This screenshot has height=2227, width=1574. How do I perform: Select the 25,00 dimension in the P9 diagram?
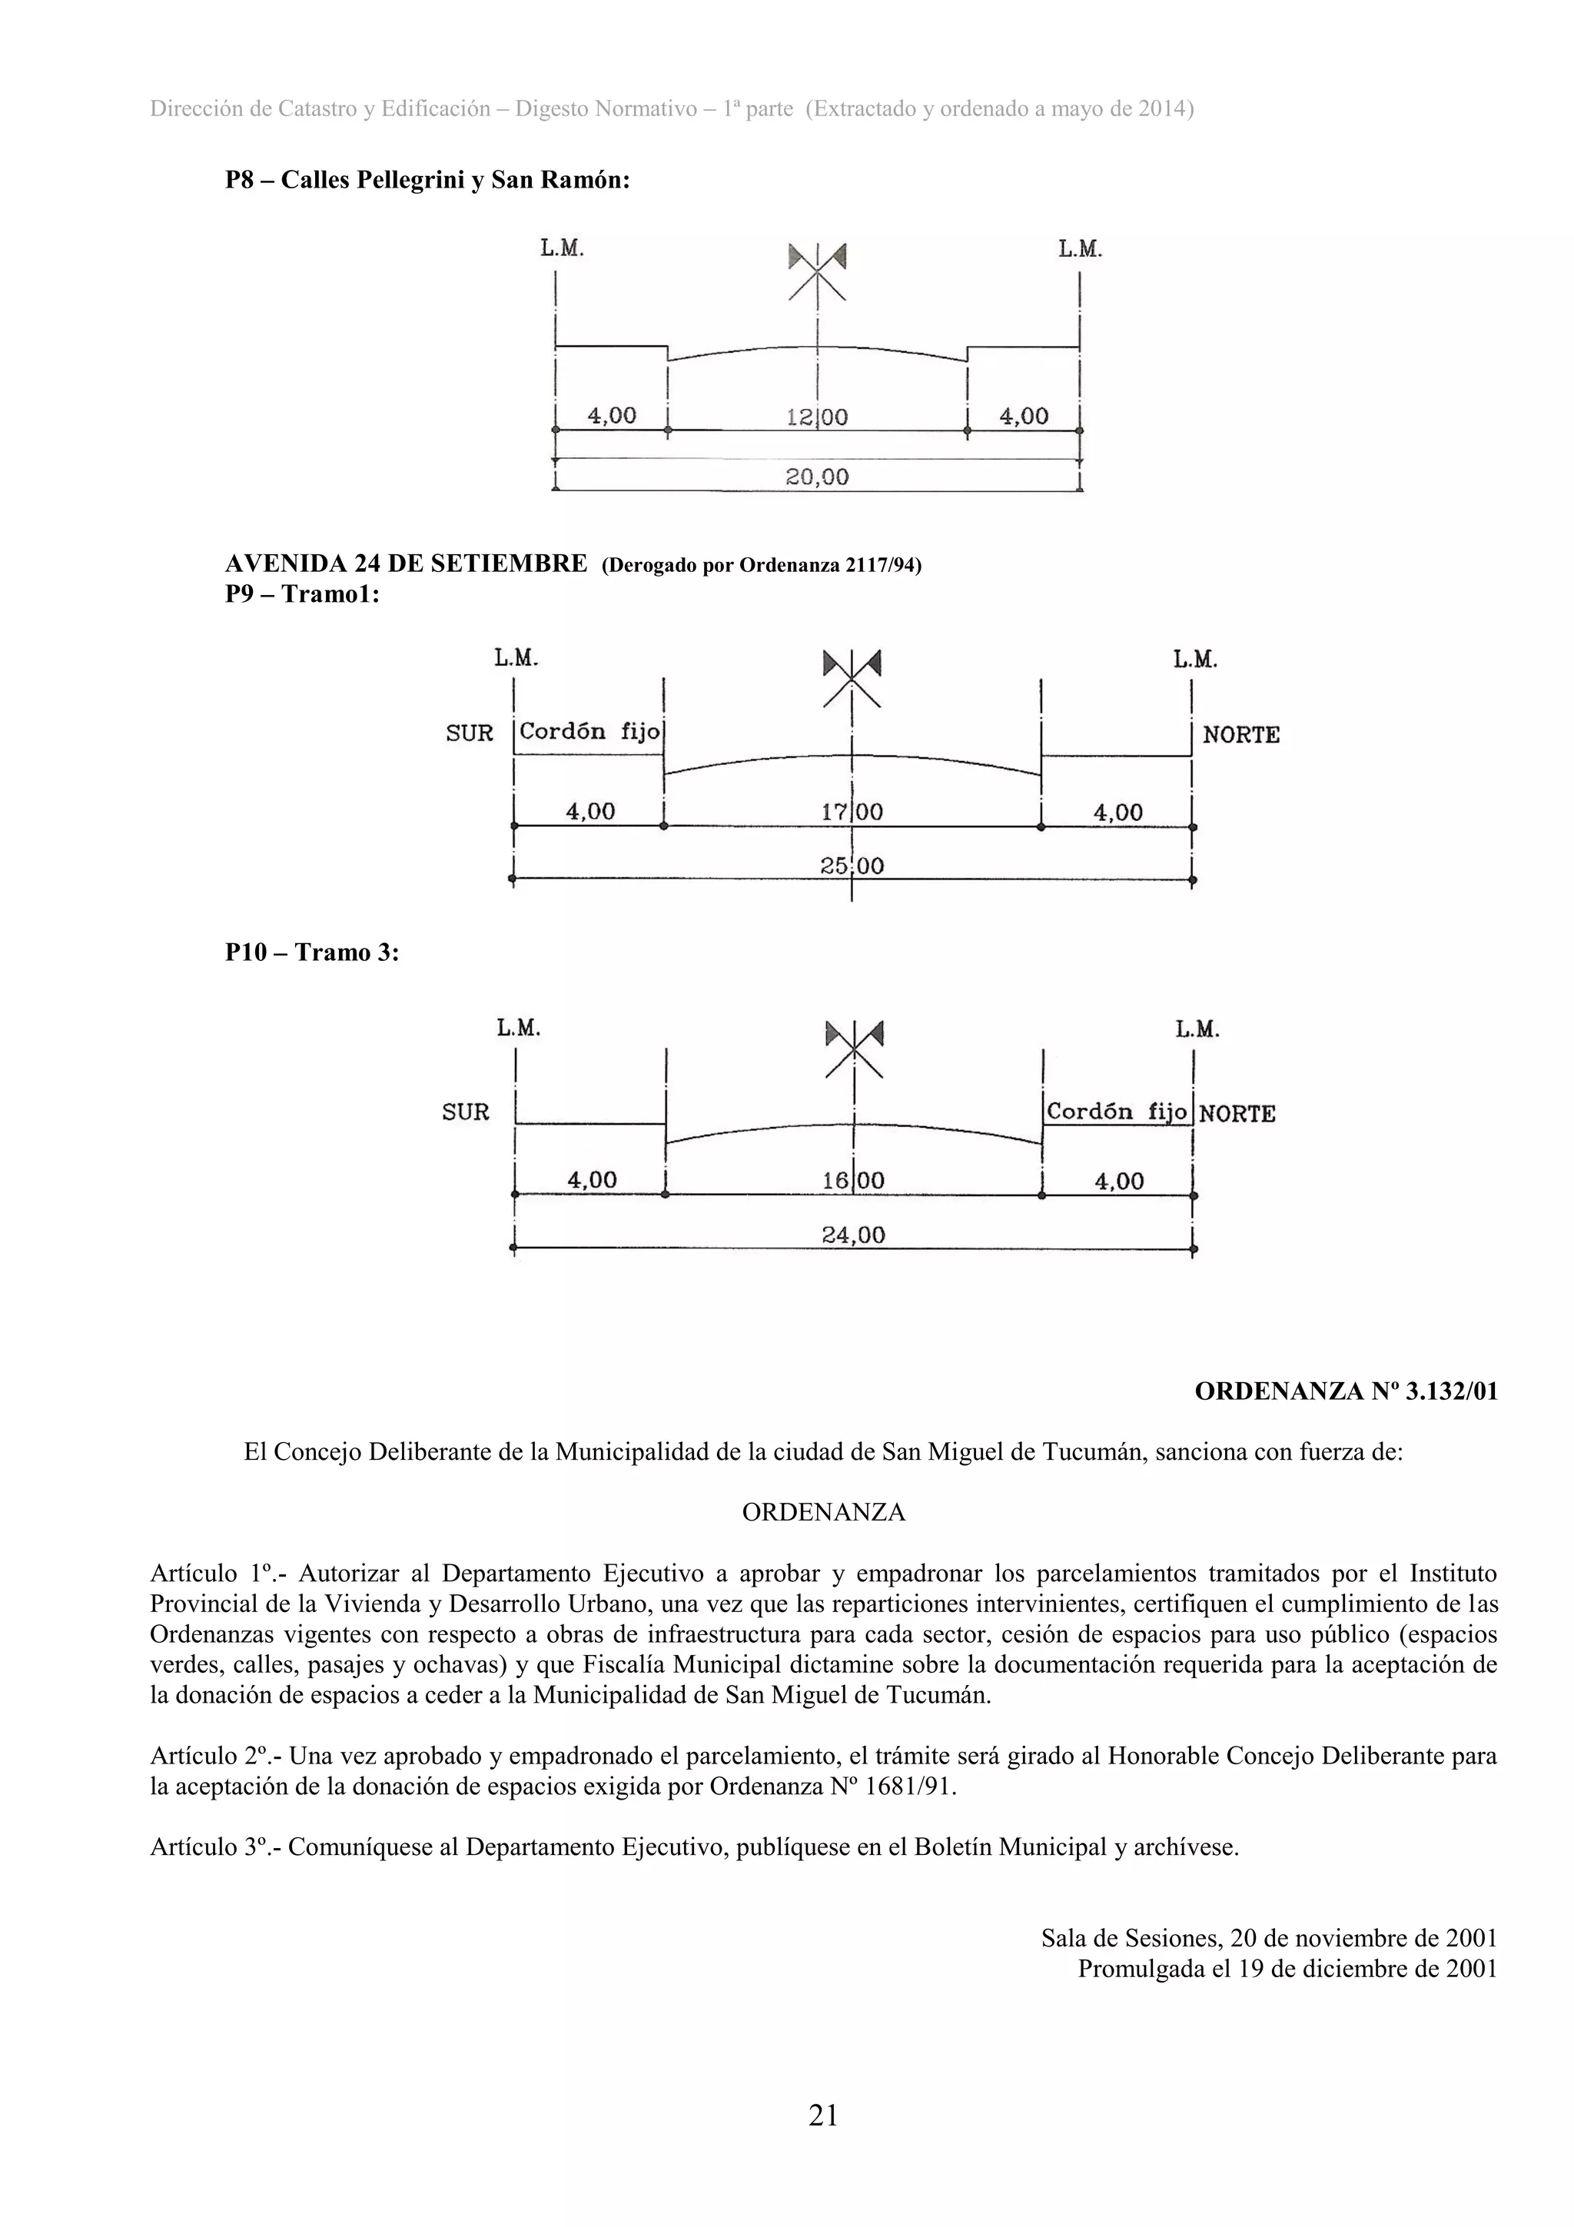[x=852, y=865]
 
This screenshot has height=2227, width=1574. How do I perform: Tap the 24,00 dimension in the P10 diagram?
[x=852, y=1235]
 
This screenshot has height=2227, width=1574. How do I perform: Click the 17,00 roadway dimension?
[x=852, y=812]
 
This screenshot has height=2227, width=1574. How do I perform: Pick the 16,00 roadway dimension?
[x=852, y=1181]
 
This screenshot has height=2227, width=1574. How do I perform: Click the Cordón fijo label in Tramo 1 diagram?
[x=589, y=731]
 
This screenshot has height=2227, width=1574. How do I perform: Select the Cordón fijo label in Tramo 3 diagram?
[x=1116, y=1112]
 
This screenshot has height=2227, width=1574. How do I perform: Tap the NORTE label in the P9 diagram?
[x=1240, y=735]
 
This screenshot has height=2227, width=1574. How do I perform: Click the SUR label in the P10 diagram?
[x=466, y=1112]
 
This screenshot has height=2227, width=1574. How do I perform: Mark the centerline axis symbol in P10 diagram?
[x=853, y=1048]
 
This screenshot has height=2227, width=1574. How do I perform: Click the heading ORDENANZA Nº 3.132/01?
[x=1345, y=1391]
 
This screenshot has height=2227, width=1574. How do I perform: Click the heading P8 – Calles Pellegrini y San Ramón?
[x=427, y=181]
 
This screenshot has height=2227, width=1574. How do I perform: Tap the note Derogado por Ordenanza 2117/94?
[x=762, y=566]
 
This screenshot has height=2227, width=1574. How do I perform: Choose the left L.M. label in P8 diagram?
[x=562, y=249]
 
